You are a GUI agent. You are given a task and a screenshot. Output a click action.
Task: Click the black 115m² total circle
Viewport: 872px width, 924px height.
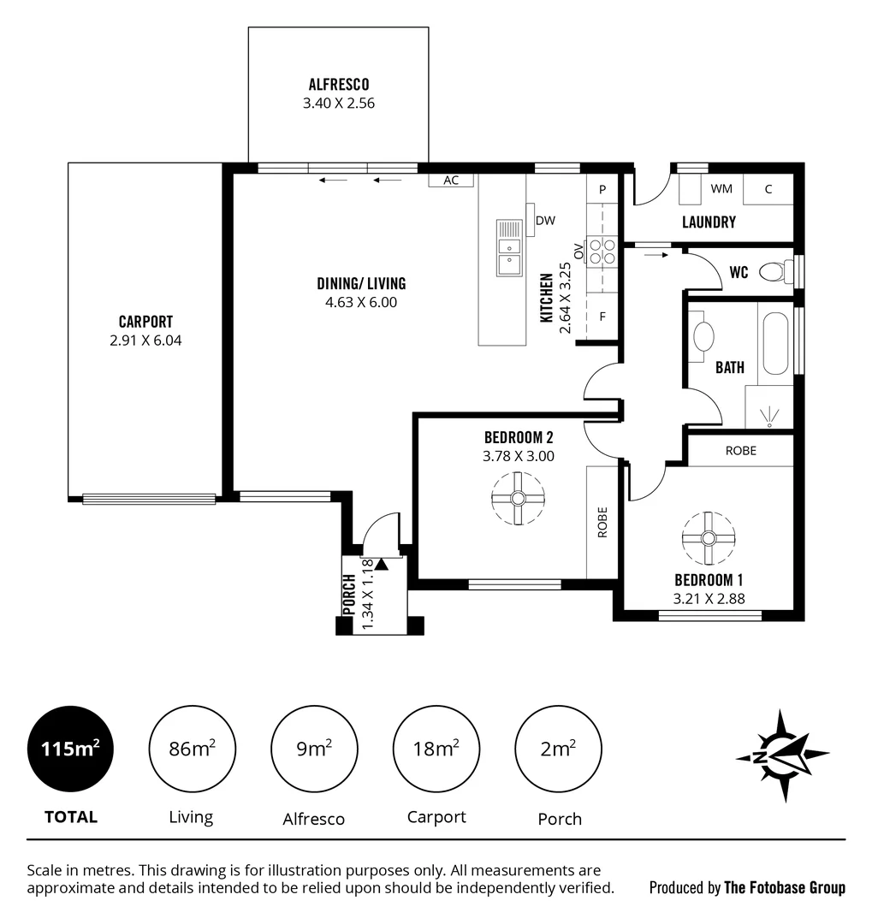70,749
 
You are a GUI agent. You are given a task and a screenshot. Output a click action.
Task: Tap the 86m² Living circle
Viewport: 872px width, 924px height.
192,749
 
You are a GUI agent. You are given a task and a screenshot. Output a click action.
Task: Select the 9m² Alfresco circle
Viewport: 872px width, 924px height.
314,749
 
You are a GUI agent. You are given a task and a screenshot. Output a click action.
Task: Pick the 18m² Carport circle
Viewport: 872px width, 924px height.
436,749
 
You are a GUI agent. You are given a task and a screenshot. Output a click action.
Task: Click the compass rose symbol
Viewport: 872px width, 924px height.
782,755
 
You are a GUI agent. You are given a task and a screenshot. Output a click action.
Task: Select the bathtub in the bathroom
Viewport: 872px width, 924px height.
775,344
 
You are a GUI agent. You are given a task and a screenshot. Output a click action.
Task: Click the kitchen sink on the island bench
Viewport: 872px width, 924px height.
509,247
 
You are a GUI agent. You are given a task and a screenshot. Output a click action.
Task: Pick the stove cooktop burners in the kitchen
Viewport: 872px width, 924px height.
602,249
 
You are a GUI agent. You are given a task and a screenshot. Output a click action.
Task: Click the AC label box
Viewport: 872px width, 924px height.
451,181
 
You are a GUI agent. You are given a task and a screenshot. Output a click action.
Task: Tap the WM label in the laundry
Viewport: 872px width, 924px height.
721,189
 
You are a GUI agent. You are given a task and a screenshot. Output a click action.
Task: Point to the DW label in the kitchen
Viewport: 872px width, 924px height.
545,221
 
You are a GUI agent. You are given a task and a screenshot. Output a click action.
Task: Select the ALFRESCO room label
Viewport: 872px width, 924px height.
339,84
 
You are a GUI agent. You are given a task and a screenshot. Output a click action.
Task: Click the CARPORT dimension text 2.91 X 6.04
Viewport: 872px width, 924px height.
145,340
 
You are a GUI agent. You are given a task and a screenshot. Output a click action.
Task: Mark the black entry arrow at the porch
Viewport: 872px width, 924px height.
381,564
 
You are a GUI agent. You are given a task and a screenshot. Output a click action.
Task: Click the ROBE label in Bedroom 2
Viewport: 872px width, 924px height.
602,522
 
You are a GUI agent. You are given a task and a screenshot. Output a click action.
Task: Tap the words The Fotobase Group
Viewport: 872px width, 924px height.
784,888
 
